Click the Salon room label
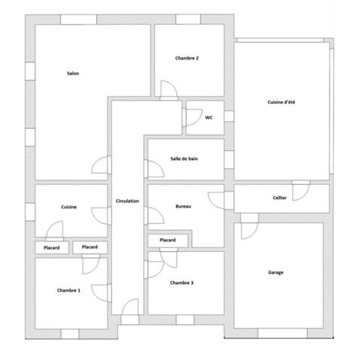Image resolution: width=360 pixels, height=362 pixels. pos(73,73)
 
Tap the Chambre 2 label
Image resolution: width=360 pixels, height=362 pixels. pos(187,58)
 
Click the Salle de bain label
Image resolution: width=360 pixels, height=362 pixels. pos(185,158)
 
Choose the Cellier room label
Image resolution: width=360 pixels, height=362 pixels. pos(279,198)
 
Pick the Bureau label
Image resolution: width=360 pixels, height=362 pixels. pos(183,206)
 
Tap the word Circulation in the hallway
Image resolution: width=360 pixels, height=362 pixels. pos(127,201)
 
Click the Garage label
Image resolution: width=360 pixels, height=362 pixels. pos(276,272)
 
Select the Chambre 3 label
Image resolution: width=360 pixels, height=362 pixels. pos(182,283)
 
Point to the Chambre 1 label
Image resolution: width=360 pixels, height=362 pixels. pos(69,290)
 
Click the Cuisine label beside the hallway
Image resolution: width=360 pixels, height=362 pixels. pos(72,207)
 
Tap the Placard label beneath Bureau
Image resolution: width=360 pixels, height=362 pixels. pos(167,241)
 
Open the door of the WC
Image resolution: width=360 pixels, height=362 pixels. pos(191,117)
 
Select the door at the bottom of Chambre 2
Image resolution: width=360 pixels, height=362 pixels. pos(169,91)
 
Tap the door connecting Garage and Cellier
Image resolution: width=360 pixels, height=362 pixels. pos(249,218)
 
